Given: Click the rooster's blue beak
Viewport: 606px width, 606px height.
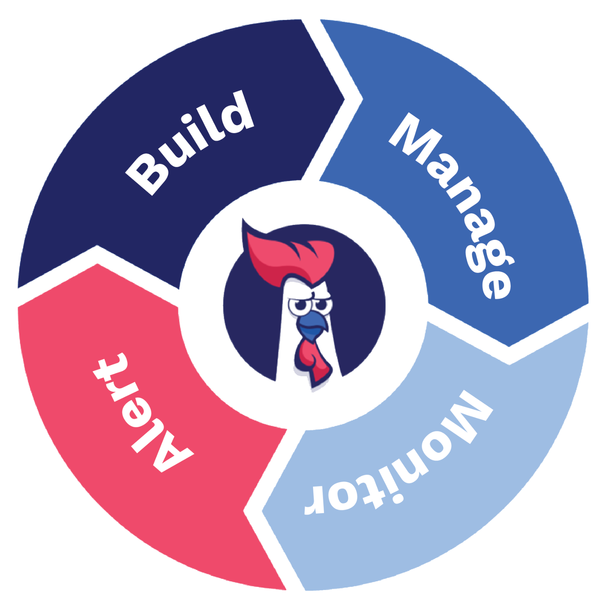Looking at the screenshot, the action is pyautogui.click(x=312, y=324).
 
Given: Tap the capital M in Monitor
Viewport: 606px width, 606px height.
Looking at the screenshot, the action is pyautogui.click(x=467, y=417).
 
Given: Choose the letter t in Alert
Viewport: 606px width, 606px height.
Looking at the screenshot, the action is pyautogui.click(x=110, y=367).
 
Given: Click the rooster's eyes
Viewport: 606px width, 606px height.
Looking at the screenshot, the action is pyautogui.click(x=310, y=305).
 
